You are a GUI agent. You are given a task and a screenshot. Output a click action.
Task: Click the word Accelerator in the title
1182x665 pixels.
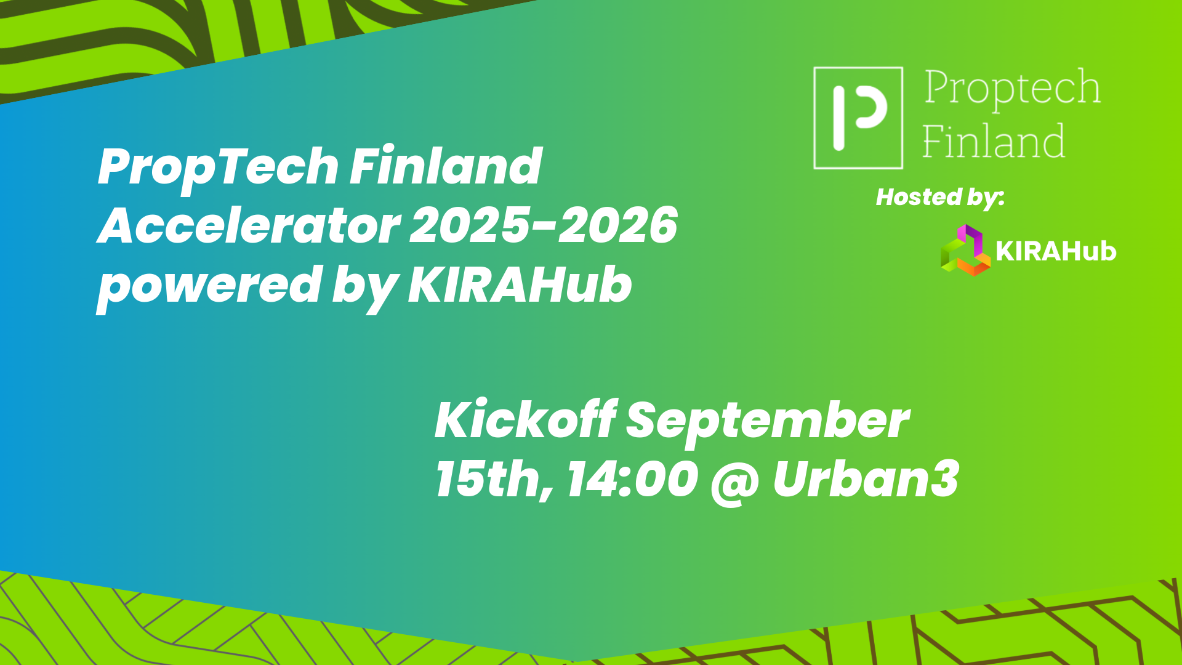(x=249, y=225)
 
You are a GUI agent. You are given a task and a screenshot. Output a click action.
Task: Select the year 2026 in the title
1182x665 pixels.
(x=618, y=225)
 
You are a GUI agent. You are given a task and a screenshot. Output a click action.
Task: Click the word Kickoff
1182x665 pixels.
(x=525, y=420)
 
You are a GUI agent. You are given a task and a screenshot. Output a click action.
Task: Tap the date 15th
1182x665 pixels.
(x=492, y=480)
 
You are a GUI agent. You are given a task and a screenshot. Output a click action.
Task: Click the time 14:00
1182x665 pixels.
(x=632, y=480)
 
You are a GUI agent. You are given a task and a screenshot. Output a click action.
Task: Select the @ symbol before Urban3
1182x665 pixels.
(x=734, y=481)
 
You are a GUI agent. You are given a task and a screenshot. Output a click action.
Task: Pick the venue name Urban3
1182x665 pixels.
(x=866, y=480)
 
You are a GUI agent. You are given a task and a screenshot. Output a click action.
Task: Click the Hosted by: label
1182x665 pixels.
(x=939, y=198)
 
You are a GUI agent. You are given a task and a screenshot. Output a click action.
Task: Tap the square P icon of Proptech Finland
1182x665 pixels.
(x=858, y=118)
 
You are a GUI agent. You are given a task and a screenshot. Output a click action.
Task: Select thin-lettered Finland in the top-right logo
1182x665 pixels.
(x=994, y=142)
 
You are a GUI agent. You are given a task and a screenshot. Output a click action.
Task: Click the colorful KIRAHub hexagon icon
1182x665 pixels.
(x=964, y=250)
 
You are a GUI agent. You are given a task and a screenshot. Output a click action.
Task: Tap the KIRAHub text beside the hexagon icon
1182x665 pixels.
(x=1055, y=251)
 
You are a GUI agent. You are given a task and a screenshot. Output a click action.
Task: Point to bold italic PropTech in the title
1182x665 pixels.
(x=218, y=167)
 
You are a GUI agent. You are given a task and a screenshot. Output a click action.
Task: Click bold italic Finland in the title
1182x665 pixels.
(x=446, y=166)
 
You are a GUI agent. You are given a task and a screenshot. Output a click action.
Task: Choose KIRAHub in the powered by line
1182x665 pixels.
(x=520, y=285)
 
